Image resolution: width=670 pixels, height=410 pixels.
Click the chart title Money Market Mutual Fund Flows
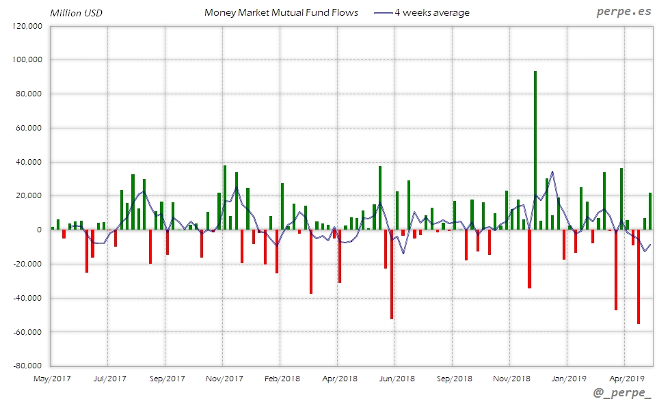pos(281,12)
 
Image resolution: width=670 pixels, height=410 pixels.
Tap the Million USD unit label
pos(76,13)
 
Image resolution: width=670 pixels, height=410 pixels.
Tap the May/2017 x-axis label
pos(52,378)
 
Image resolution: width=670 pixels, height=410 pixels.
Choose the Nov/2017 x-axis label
pos(224,378)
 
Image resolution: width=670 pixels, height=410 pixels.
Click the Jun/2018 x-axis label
pos(397,378)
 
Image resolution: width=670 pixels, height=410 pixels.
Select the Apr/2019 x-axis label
pos(627,378)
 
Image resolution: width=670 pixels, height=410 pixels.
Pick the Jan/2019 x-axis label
pos(569,378)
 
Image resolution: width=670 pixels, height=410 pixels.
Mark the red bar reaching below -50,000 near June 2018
pos(392,274)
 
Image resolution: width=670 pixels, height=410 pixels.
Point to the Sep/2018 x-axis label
pos(454,378)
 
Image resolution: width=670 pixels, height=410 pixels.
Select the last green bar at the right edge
pos(650,211)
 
